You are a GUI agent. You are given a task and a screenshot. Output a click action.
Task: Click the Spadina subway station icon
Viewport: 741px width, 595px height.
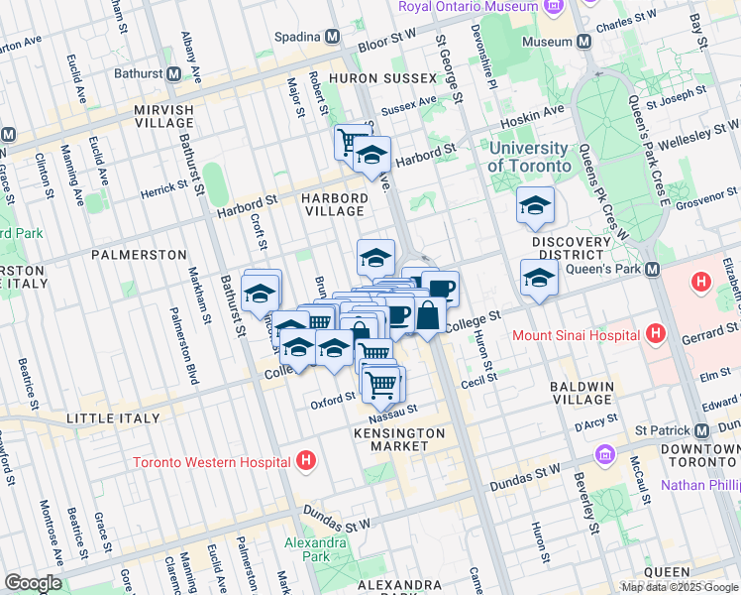pos(332,37)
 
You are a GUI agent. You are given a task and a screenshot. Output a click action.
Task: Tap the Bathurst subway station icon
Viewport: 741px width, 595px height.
pos(173,73)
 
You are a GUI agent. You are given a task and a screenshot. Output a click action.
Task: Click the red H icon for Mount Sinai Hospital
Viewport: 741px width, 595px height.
pos(653,335)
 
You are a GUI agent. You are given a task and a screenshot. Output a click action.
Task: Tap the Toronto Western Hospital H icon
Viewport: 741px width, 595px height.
pos(307,461)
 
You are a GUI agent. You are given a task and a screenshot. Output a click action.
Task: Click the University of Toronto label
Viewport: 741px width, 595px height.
pos(530,157)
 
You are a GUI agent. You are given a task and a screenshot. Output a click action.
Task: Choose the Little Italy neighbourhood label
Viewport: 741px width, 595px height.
pos(113,418)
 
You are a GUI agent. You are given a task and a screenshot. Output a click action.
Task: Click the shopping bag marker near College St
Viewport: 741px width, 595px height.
pos(428,316)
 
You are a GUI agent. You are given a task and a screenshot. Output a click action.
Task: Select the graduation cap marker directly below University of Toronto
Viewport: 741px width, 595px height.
pos(535,207)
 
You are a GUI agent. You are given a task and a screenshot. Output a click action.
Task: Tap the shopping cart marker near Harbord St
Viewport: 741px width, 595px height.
pos(350,143)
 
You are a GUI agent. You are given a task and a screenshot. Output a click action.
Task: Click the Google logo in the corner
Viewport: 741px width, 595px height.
pos(32,583)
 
